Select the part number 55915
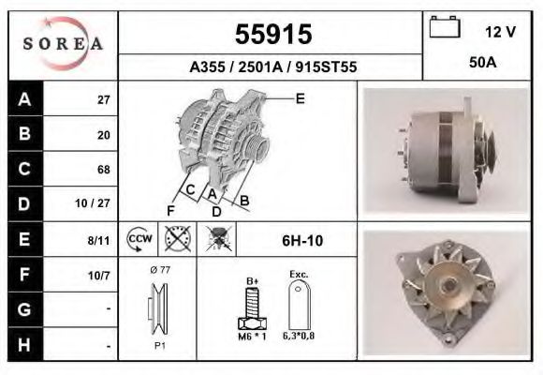(272, 35)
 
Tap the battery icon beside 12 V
(444, 29)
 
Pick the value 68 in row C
(103, 170)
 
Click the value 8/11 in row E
(98, 240)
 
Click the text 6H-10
(302, 241)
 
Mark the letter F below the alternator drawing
(171, 208)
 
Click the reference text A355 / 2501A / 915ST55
(272, 67)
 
